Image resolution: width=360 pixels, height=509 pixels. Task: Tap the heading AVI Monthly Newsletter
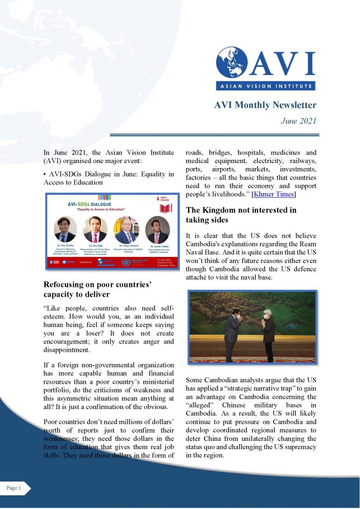coord(265,105)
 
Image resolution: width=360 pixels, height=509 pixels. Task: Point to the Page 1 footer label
coord(14,488)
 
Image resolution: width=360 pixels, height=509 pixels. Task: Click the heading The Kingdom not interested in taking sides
coord(241,215)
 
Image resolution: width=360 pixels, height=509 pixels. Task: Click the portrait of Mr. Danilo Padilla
coord(157,230)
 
